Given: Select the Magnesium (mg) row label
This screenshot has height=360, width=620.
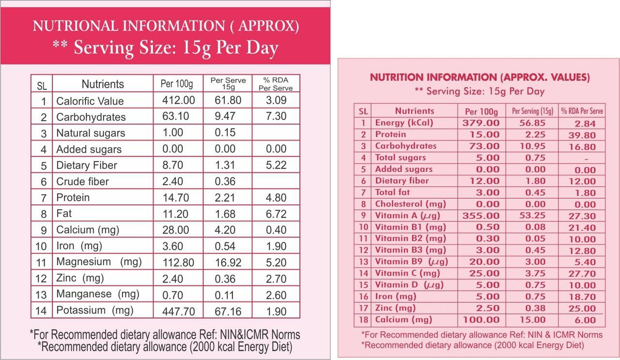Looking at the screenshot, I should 99,262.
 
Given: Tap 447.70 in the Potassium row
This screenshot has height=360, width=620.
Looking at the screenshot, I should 179,311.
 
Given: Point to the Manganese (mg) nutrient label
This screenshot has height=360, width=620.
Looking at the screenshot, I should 97,294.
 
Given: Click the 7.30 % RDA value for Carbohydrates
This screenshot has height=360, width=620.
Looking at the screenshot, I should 276,116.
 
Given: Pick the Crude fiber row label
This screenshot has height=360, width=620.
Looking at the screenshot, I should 82,182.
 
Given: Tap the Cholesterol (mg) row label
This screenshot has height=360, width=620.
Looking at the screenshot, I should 410,204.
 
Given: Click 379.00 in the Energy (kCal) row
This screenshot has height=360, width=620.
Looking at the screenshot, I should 480,123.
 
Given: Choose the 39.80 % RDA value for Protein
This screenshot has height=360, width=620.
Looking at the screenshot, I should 582,135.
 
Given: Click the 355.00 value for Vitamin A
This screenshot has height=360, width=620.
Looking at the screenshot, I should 480,216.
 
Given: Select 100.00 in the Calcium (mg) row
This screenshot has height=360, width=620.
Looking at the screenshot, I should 480,320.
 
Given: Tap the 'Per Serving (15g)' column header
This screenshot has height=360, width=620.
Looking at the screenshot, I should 532,111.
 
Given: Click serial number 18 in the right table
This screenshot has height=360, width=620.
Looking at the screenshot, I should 364,320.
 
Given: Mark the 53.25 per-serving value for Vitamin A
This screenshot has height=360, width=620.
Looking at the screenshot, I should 532,216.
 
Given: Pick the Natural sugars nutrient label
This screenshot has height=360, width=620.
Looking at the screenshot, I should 91,133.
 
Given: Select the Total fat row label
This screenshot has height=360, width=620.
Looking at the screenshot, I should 392,192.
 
